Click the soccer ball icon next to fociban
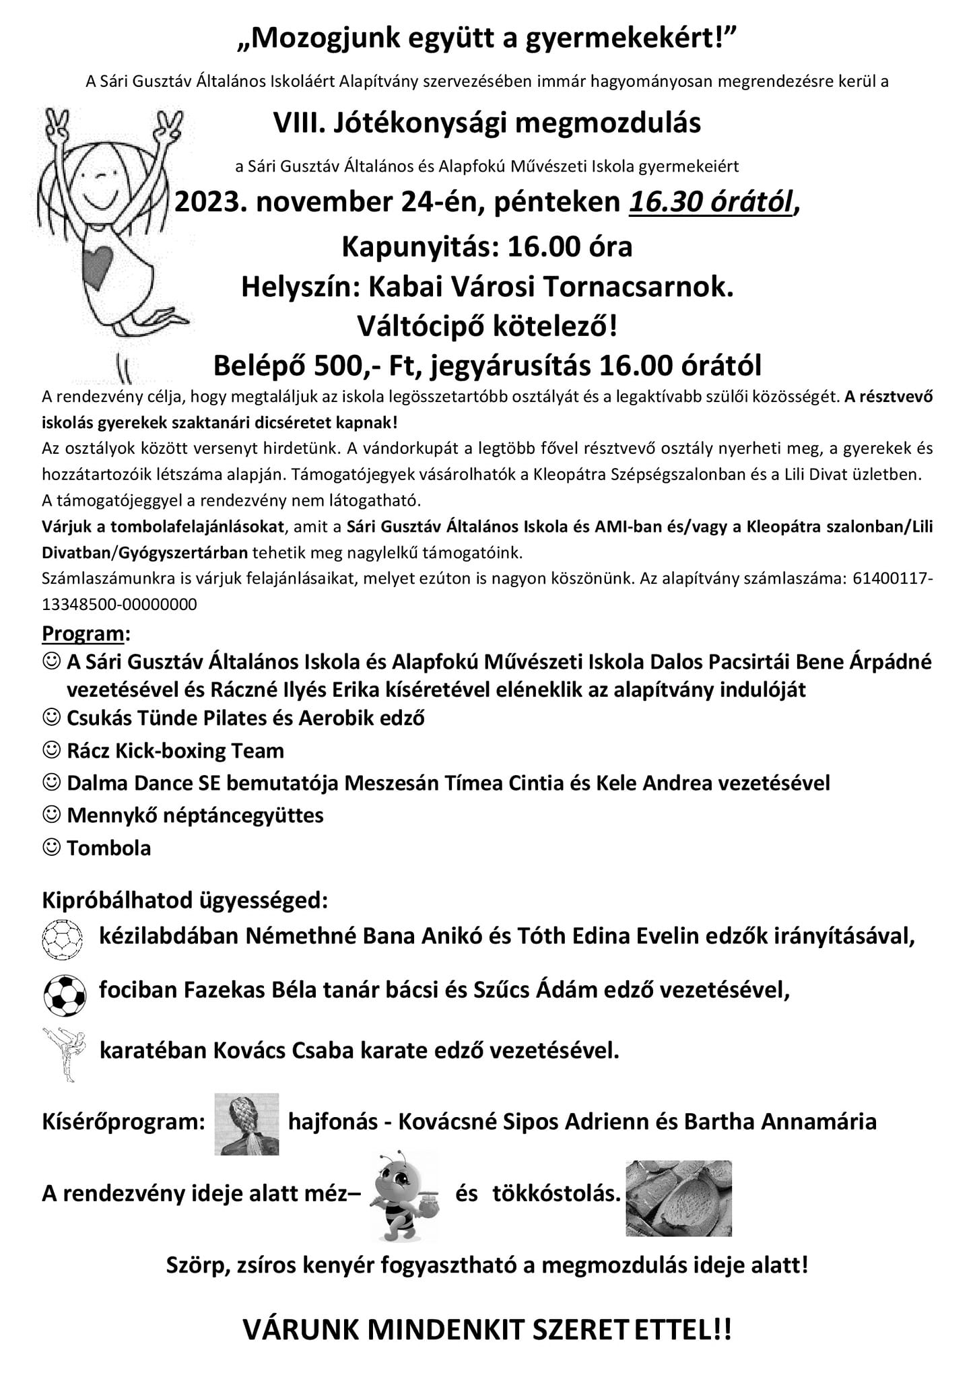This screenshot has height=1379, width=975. (64, 994)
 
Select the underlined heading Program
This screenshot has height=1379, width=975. (83, 634)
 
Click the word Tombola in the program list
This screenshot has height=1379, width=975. (108, 848)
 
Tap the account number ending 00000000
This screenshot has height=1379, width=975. (119, 604)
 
